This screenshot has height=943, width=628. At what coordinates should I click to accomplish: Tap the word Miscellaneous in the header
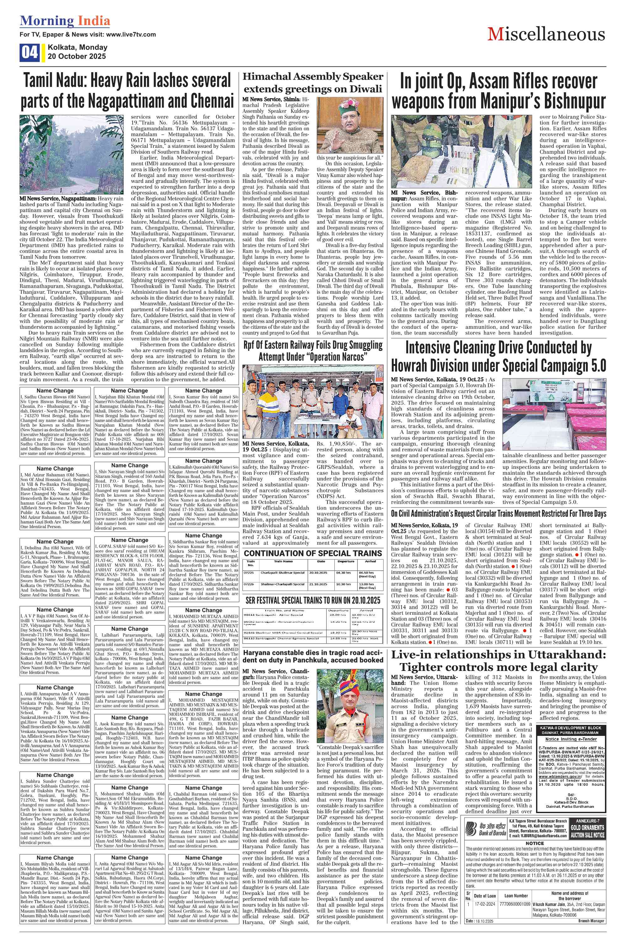(546, 35)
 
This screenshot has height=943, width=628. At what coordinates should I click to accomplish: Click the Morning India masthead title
(65, 21)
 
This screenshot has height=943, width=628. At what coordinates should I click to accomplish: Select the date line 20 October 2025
(77, 56)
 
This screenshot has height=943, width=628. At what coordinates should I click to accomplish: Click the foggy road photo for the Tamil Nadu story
(72, 155)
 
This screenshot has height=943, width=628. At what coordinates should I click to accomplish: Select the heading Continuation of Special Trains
(313, 553)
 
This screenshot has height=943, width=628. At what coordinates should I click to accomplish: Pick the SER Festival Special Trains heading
(313, 600)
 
